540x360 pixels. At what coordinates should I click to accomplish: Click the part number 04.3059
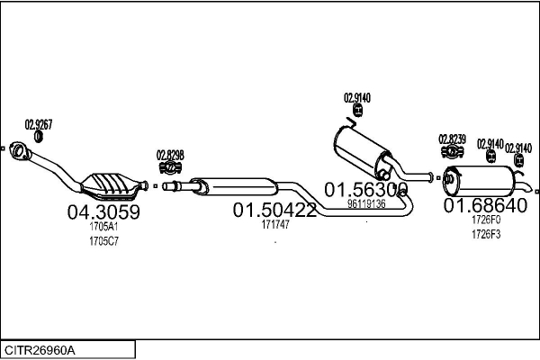point(104,213)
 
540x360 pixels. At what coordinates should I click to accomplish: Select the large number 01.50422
point(274,211)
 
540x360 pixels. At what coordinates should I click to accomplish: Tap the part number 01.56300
point(366,190)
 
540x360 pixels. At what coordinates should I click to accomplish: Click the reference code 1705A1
point(103,228)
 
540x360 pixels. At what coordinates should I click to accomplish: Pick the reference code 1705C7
point(103,240)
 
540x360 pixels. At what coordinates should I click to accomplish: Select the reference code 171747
point(274,225)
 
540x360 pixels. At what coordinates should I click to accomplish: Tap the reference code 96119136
point(366,204)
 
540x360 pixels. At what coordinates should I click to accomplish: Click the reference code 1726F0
point(485,220)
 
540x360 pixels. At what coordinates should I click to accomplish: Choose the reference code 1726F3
point(485,234)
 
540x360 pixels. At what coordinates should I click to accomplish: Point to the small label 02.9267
point(38,124)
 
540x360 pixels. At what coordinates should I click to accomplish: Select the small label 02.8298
point(170,155)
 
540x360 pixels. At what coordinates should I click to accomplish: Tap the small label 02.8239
point(452,139)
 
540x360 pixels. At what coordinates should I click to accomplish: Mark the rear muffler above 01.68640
point(482,181)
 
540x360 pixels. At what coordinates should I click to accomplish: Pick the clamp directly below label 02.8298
point(170,167)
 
